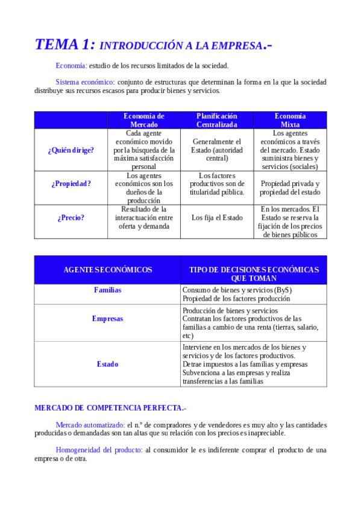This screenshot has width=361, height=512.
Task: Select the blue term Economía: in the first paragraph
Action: [71, 65]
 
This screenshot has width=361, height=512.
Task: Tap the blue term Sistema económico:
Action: [85, 82]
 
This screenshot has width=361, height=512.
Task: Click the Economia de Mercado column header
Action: [143, 120]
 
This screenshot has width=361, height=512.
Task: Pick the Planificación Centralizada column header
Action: [217, 120]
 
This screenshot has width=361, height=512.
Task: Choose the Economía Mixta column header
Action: [290, 120]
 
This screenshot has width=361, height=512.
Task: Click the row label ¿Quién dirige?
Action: [71, 150]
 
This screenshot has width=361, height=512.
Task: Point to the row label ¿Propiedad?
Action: [71, 184]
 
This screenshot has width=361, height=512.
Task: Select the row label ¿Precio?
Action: [71, 217]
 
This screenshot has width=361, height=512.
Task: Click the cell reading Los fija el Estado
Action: [217, 217]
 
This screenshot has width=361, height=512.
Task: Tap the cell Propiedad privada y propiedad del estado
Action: [290, 188]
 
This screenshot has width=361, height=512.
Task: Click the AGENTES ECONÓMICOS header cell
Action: [107, 270]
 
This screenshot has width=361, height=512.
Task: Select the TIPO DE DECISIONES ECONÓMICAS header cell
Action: [254, 274]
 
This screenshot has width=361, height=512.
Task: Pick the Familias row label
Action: [107, 290]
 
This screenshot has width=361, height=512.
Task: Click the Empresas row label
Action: [107, 318]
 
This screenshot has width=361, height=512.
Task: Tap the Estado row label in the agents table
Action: [107, 364]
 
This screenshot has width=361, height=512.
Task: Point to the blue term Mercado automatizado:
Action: [89, 424]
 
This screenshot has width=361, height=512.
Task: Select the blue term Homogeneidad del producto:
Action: [99, 450]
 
